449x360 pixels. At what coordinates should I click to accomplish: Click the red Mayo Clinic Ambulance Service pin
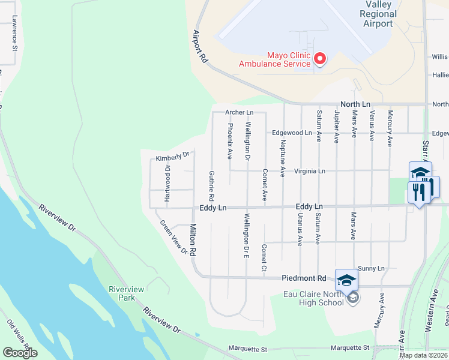point(320,59)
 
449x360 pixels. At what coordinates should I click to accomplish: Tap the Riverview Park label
point(126,293)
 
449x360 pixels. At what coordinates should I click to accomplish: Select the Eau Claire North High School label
point(313,298)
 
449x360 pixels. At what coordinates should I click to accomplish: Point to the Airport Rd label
point(200,47)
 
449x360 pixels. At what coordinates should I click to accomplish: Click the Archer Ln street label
point(239,112)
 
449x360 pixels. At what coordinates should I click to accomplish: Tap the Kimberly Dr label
point(172,157)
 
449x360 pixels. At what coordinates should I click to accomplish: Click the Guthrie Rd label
point(211,185)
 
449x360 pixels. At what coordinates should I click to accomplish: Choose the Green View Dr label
point(173,236)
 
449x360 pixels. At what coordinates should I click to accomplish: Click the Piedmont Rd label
point(303,278)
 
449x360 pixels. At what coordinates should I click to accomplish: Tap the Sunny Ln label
point(370,268)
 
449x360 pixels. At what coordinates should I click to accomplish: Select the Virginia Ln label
point(309,171)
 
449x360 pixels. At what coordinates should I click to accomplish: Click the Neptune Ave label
point(282,158)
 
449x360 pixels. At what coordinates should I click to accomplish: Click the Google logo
point(20,353)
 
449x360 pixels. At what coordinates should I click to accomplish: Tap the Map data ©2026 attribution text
point(422,355)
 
